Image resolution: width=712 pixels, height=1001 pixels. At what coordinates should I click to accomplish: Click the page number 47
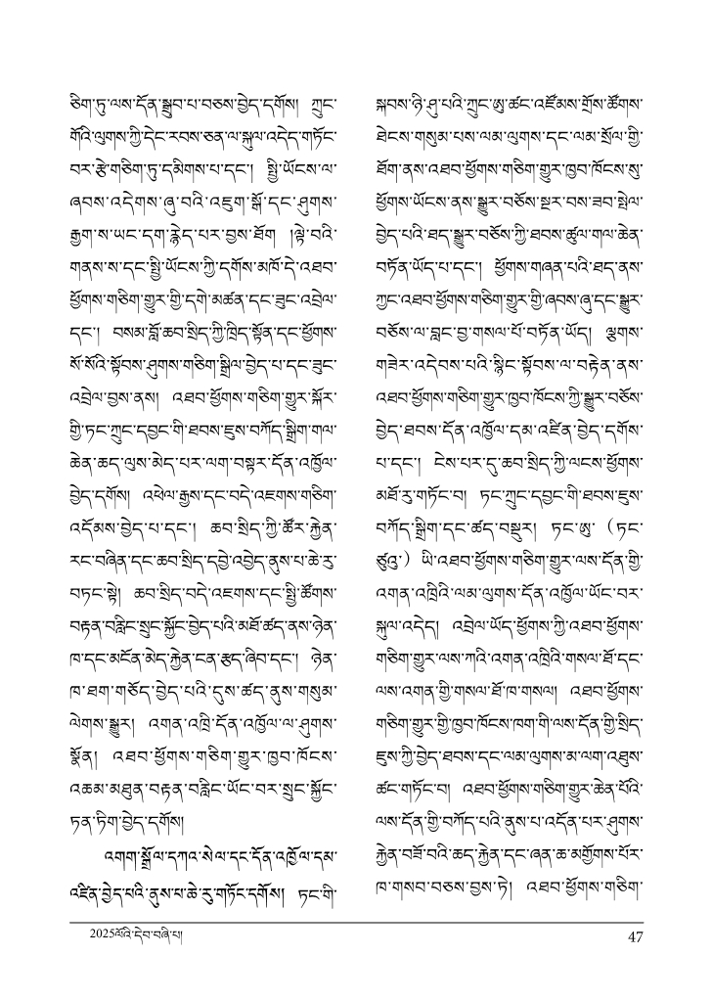[x=634, y=936]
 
